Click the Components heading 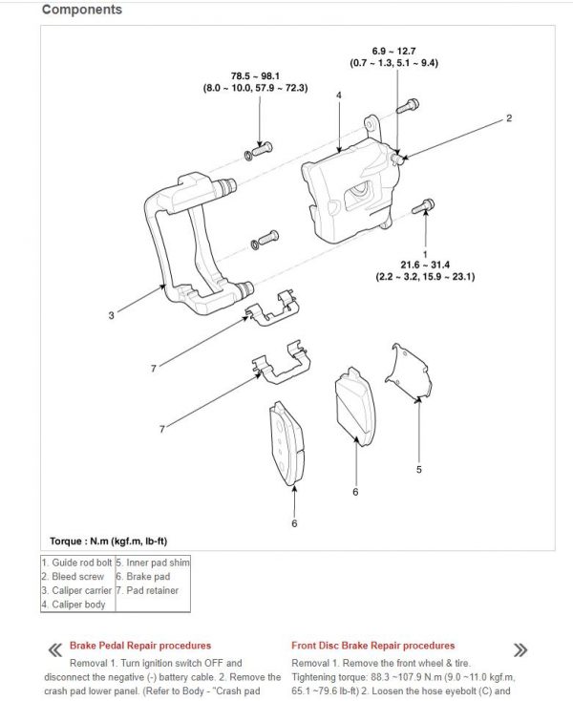tap(82, 11)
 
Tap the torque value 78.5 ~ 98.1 tap(254, 74)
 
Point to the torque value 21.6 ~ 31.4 tap(425, 264)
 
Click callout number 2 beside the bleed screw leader tap(509, 118)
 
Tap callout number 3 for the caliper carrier tap(111, 314)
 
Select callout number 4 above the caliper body tap(338, 96)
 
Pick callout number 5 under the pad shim tap(418, 469)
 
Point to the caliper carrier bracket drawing tap(196, 248)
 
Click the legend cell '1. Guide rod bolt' tap(76, 563)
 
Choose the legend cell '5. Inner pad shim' tap(153, 563)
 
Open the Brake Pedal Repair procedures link tap(140, 646)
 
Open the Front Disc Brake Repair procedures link tap(372, 646)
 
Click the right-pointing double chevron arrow tap(520, 649)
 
